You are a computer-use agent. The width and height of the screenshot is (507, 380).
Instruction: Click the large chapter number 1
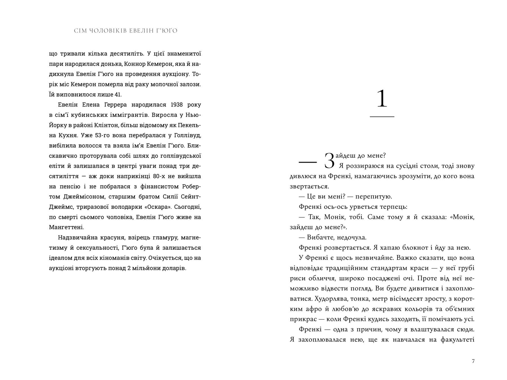pyautogui.click(x=382, y=99)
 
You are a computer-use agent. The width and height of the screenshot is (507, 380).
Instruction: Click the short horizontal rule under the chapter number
pyautogui.click(x=382, y=116)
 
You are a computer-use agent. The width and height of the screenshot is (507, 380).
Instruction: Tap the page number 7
pyautogui.click(x=473, y=361)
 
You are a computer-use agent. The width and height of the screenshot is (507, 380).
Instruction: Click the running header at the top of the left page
pyautogui.click(x=126, y=31)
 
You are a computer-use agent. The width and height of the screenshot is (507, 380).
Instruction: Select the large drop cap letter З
pyautogui.click(x=330, y=161)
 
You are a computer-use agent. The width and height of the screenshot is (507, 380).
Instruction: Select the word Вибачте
pyautogui.click(x=318, y=237)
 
